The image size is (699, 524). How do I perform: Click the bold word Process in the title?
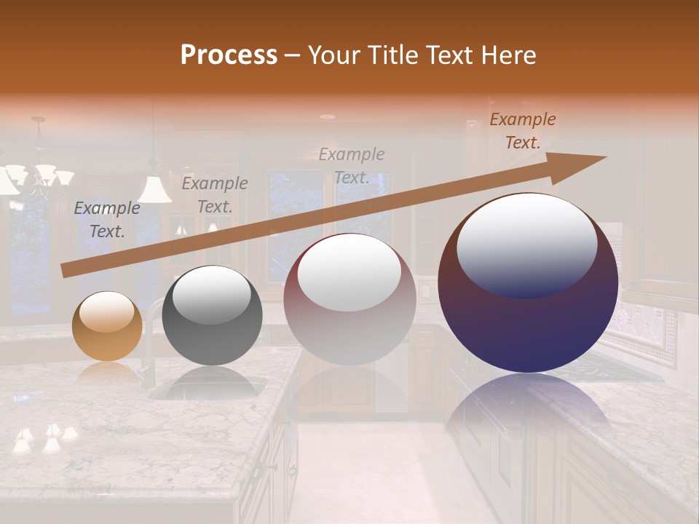[x=229, y=55]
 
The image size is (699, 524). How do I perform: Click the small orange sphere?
[x=107, y=326]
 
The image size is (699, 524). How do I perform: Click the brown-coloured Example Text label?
[x=522, y=131]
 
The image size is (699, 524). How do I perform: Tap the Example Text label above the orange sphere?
[x=107, y=220]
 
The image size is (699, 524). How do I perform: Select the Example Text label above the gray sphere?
[x=214, y=195]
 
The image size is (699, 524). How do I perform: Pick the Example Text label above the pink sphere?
[x=352, y=166]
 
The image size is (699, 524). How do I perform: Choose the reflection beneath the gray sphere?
[x=212, y=382]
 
